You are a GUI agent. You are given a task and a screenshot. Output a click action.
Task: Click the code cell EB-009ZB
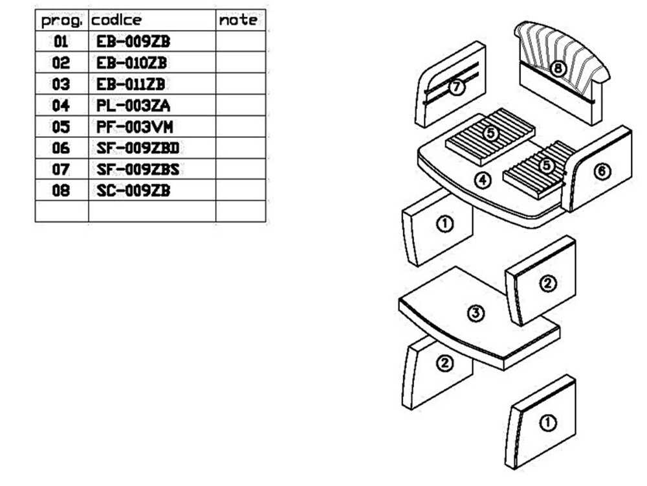tap(133, 42)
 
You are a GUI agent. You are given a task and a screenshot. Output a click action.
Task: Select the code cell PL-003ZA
tap(133, 106)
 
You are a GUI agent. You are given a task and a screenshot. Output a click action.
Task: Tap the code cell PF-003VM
tap(135, 127)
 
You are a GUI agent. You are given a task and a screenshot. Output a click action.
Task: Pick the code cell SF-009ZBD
tap(137, 148)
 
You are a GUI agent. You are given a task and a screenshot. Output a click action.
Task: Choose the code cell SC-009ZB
tap(133, 191)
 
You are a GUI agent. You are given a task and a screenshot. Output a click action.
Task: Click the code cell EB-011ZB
tap(131, 84)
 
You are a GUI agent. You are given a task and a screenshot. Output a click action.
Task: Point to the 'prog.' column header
tap(61, 20)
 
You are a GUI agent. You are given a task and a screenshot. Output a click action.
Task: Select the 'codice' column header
tap(116, 20)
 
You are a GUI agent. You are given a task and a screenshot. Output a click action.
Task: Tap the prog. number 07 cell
tap(61, 170)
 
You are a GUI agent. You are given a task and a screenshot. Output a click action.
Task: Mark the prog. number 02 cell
tap(61, 63)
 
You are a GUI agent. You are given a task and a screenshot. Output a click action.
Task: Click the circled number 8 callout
tap(558, 67)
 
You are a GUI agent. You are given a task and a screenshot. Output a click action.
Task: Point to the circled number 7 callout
tap(457, 87)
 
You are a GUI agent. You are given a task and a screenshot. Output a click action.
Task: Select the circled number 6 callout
tap(602, 171)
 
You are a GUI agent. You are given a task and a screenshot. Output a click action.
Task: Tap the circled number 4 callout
tap(483, 180)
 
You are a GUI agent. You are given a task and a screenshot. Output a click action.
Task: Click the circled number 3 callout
tap(476, 314)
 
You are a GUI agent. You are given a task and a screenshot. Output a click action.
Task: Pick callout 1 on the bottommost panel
tap(547, 423)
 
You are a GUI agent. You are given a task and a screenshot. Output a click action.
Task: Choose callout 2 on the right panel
tap(547, 283)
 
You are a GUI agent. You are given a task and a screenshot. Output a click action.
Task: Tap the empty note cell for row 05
tap(240, 127)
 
